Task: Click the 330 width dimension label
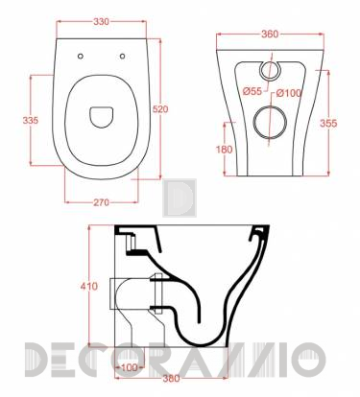click(x=101, y=22)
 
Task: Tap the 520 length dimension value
click(x=160, y=109)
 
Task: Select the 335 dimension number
click(x=31, y=121)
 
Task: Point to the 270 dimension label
click(x=101, y=202)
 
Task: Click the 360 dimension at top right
click(x=270, y=35)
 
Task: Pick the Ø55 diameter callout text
click(x=252, y=92)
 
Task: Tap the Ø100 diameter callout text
click(x=289, y=93)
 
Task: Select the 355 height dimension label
click(x=328, y=123)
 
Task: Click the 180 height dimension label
click(x=224, y=150)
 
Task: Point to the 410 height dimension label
click(x=89, y=286)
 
